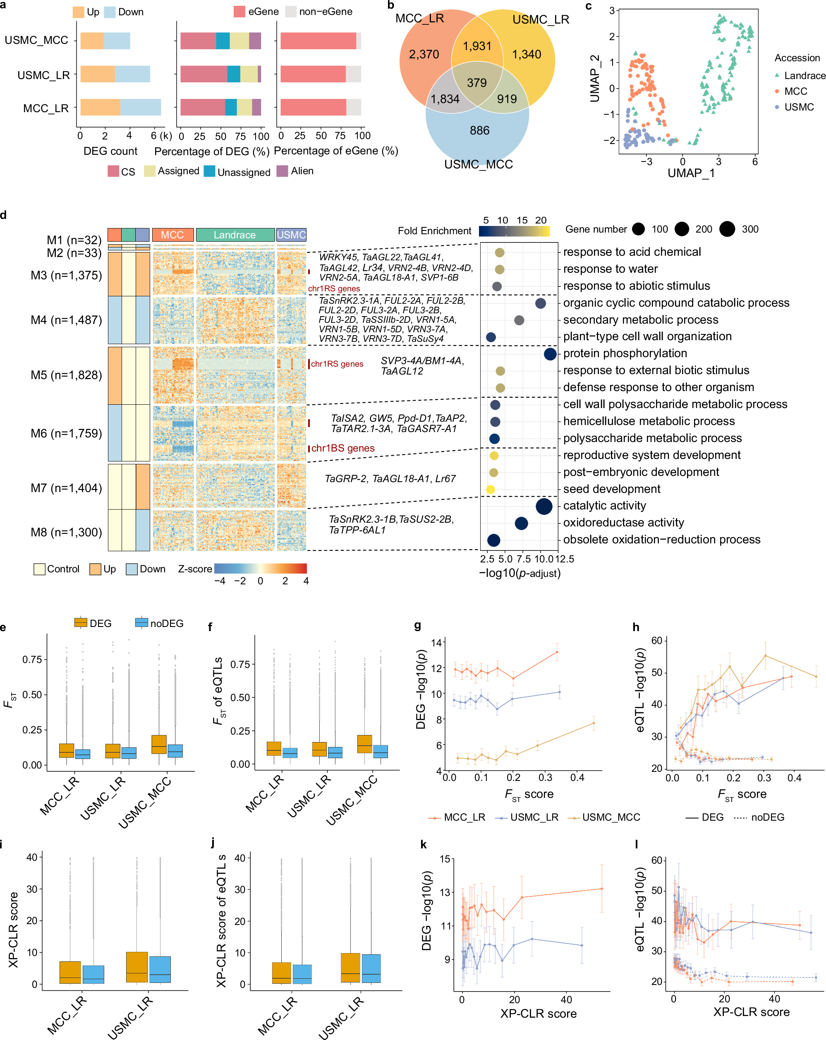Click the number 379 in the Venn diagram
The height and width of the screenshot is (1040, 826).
coord(476,82)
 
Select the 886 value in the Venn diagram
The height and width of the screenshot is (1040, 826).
coord(479,130)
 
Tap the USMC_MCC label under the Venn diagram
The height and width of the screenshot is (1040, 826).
coord(478,164)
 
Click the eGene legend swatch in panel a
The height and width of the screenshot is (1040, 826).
coord(239,12)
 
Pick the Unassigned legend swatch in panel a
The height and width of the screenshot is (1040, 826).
coord(209,171)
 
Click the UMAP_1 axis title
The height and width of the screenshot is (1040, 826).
coord(691,173)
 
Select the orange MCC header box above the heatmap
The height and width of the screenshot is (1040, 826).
coord(172,235)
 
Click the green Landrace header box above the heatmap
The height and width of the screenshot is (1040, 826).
coord(235,235)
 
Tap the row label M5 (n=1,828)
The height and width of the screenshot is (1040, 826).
coord(66,375)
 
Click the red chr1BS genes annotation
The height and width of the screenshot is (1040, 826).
coord(342,448)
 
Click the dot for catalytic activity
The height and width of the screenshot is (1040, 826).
coord(544,506)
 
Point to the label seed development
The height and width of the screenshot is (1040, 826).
coord(611,489)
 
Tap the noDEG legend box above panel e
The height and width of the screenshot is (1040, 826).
coord(142,622)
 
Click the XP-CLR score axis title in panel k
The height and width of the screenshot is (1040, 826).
coord(538,1014)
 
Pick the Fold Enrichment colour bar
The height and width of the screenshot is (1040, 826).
coord(514,231)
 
